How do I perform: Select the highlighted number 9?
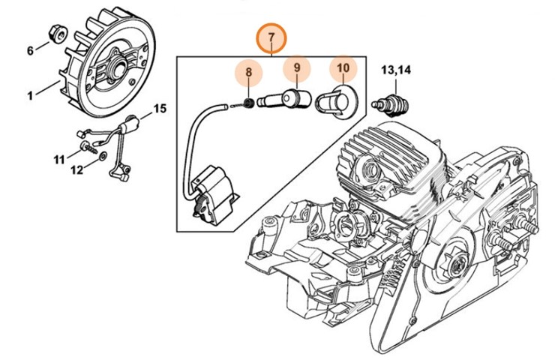click(296, 68)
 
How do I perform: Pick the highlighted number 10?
click(343, 68)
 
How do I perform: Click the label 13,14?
click(396, 70)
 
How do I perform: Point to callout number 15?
click(159, 109)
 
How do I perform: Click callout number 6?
click(31, 51)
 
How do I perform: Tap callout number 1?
click(31, 95)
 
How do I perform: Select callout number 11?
click(58, 159)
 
